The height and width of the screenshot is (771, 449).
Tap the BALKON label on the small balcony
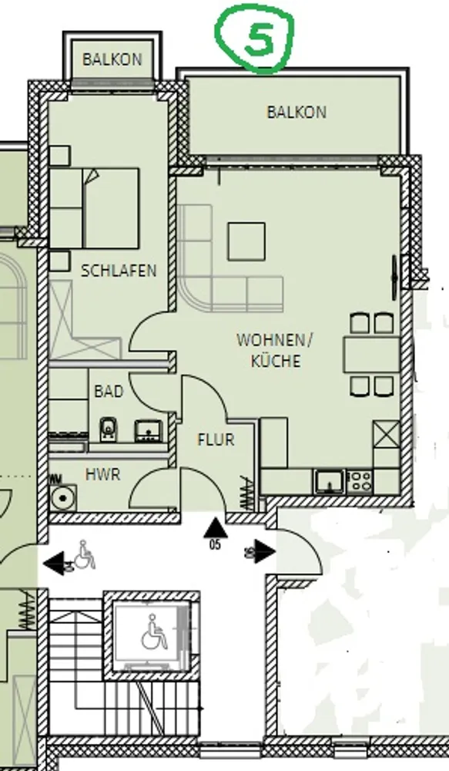112,59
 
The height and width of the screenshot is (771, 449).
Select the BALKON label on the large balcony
297,112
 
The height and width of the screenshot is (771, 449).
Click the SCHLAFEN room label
119,271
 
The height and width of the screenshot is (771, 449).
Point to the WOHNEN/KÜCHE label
275,350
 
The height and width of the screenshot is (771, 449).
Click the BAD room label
109,392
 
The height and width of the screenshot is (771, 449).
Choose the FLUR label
216,439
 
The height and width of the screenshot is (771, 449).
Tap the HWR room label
102,474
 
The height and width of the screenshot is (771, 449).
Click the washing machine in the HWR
63,497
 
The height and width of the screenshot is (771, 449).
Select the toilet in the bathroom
107,429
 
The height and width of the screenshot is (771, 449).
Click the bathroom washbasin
146,430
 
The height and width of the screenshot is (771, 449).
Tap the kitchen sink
329,481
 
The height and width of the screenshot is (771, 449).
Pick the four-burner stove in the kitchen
360,481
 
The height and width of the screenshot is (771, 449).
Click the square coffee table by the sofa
246,241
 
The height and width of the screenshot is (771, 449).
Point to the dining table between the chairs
371,354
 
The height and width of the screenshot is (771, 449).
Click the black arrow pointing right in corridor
264,552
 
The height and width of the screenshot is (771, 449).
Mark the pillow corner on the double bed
92,176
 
